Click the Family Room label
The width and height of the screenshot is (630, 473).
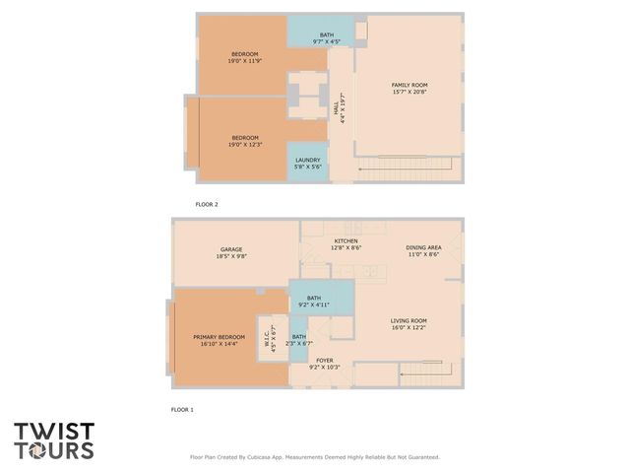click(x=409, y=89)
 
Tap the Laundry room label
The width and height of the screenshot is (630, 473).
click(x=307, y=164)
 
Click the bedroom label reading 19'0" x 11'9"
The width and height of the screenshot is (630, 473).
click(x=245, y=57)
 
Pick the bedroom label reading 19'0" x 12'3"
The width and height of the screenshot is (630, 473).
click(x=245, y=141)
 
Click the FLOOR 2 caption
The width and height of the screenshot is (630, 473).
click(x=207, y=204)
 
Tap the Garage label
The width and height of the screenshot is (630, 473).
click(x=230, y=253)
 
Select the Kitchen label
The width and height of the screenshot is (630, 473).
click(x=346, y=245)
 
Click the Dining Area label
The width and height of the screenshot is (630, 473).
click(x=423, y=251)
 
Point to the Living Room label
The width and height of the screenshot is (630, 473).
click(x=409, y=324)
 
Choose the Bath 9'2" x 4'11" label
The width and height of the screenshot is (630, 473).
click(x=313, y=302)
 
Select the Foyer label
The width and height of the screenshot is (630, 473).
click(x=325, y=365)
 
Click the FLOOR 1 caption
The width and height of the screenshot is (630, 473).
click(x=182, y=409)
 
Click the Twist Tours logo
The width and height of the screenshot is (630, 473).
click(x=54, y=440)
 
